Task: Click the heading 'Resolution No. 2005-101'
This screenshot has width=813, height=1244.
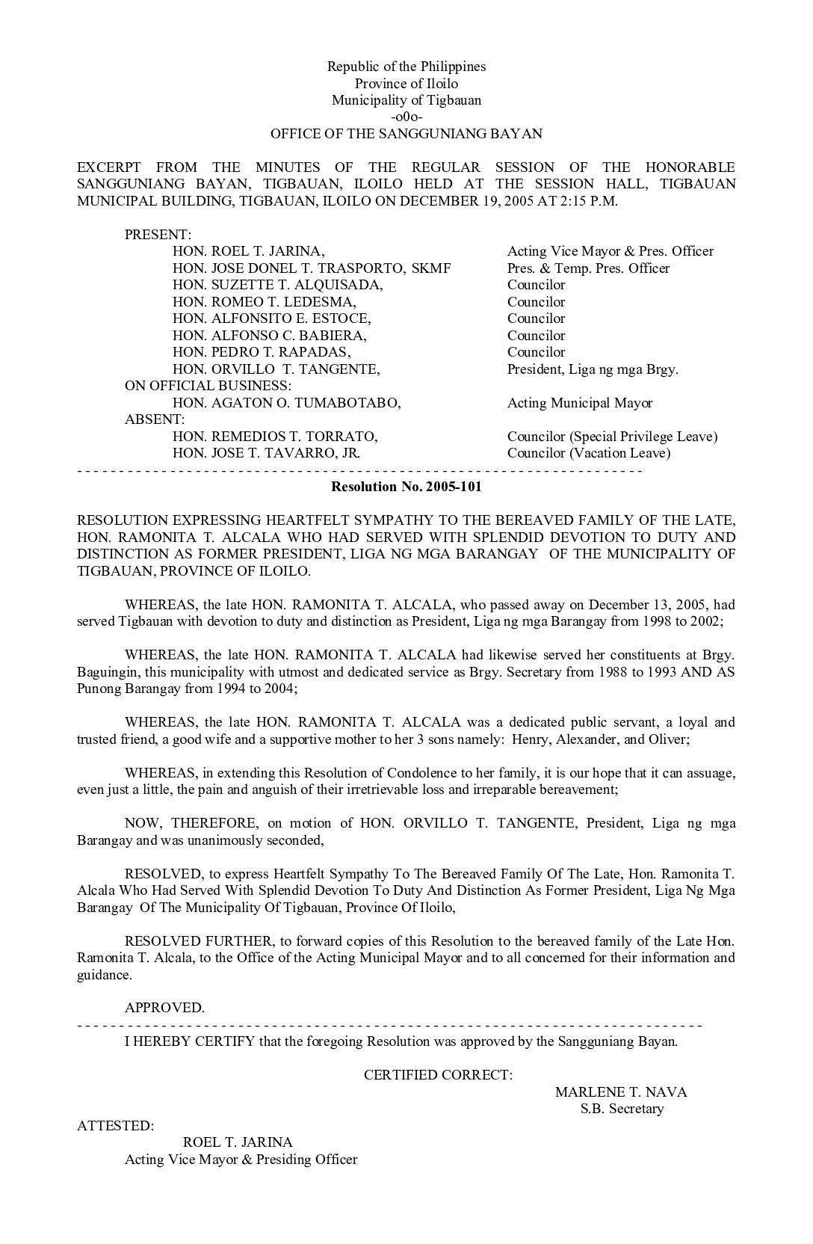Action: (x=406, y=487)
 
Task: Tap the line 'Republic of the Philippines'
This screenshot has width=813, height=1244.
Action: (x=406, y=67)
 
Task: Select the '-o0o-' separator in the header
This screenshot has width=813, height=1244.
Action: (x=406, y=117)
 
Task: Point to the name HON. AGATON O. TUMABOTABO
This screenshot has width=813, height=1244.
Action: (x=286, y=403)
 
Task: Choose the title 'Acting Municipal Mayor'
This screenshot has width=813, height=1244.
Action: (x=579, y=403)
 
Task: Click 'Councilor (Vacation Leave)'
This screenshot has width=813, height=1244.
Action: (x=588, y=453)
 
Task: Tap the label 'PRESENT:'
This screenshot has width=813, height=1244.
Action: (x=158, y=235)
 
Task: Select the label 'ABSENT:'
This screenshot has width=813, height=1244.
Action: (x=154, y=419)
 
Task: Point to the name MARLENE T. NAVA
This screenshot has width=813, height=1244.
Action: (x=620, y=1092)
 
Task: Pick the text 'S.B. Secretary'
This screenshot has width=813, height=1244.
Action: (x=622, y=1109)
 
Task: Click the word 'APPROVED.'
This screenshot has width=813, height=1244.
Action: (x=164, y=1008)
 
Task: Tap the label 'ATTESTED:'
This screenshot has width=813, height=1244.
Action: (x=116, y=1126)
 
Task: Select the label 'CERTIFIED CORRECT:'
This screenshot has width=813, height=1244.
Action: (x=438, y=1075)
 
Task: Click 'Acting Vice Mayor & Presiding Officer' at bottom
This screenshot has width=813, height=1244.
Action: (x=241, y=1160)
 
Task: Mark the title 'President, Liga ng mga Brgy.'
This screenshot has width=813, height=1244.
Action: (x=593, y=369)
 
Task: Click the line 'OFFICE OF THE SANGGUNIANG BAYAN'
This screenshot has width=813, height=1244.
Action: (x=406, y=135)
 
